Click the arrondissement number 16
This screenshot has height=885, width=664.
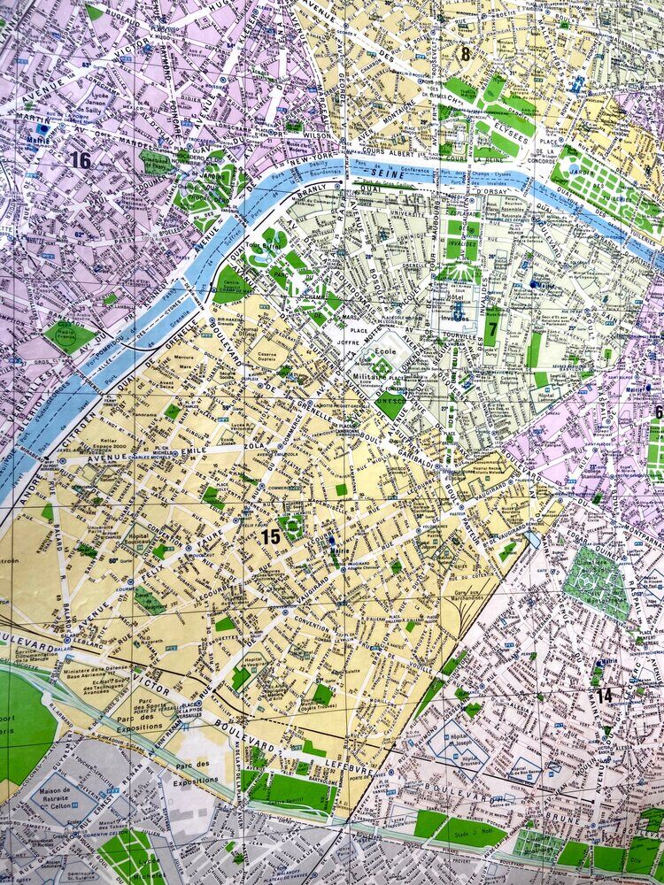(81, 160)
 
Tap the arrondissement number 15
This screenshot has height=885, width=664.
(270, 536)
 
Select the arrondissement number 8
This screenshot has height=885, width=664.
(465, 53)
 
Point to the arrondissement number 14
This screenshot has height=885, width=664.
(604, 696)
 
